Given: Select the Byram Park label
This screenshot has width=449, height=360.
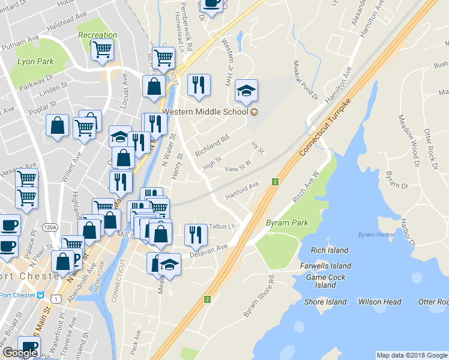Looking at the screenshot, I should click(287, 223).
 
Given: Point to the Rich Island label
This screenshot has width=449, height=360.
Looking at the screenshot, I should click(330, 250).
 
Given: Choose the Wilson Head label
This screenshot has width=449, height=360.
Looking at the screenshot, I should click(379, 302).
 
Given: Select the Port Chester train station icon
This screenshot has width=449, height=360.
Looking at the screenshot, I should click(41, 295).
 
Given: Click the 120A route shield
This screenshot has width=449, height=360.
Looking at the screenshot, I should click(50, 227).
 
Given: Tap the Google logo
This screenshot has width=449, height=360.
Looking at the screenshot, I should click(20, 353).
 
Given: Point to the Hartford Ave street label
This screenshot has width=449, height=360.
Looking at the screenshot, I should click(241, 191).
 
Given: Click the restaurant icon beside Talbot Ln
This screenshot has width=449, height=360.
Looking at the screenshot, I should click(195, 233).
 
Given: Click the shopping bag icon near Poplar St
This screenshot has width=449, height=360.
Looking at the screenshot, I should click(58, 126).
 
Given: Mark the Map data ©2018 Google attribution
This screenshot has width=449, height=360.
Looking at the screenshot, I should click(412, 355).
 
